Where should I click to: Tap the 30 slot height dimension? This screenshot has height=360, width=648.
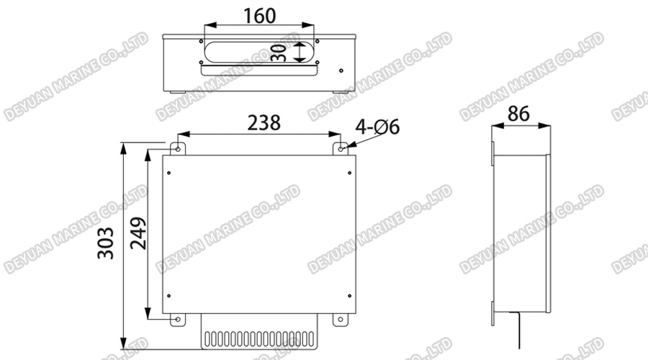tap(282, 52)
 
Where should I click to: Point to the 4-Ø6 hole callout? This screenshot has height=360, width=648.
tap(377, 127)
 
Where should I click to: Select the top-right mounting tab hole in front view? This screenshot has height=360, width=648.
tap(343, 148)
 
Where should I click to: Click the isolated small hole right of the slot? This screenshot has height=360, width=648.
tap(341, 71)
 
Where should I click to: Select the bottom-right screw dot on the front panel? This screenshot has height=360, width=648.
tap(350, 297)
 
